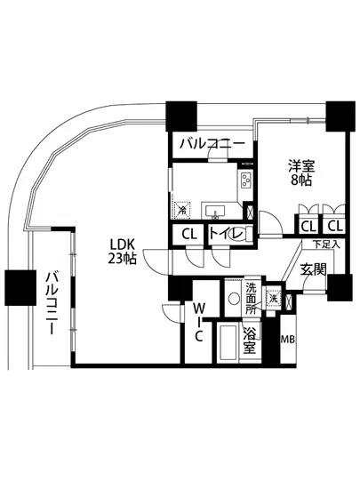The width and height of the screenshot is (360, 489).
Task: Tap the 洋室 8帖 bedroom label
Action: coord(300,172)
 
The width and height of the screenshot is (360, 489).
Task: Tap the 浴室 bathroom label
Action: coord(250,341)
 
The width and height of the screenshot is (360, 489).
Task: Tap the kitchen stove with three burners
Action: coord(245,182)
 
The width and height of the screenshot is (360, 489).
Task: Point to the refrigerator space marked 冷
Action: coord(182,211)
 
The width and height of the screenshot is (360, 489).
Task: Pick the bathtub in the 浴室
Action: coord(225,341)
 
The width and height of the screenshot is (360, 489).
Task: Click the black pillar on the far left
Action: coord(18,287)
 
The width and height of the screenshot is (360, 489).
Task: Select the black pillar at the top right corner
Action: coord(338,116)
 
